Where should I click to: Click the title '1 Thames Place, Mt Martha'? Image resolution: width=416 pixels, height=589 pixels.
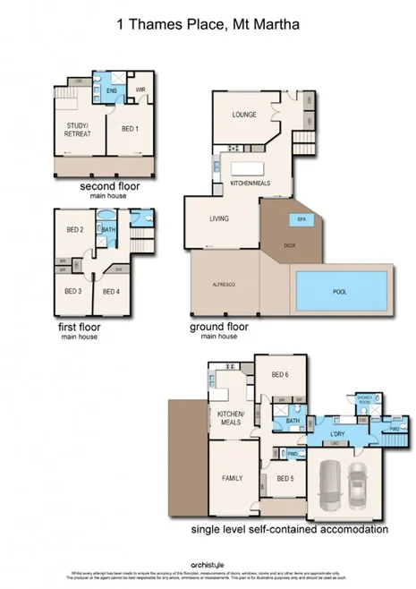(x=208, y=27)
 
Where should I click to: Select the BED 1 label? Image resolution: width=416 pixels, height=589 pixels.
(x=130, y=129)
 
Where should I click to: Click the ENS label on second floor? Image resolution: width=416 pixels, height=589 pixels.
(x=112, y=91)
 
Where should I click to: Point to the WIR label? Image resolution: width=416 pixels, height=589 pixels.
(x=140, y=90)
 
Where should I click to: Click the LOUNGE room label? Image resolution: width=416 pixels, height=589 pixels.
(x=244, y=115)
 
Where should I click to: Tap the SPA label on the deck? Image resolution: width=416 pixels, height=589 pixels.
(x=294, y=219)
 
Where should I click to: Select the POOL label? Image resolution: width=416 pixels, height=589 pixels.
(x=340, y=291)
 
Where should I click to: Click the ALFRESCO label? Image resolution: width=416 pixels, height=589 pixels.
(x=222, y=284)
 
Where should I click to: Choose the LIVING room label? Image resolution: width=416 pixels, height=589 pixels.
(x=219, y=218)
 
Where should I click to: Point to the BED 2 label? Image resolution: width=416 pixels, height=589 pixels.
(x=74, y=230)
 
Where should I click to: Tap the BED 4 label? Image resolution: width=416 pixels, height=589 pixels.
(x=111, y=291)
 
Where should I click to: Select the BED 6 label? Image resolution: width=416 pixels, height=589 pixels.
(x=280, y=374)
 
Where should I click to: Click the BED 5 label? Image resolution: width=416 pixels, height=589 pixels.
(x=284, y=479)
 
